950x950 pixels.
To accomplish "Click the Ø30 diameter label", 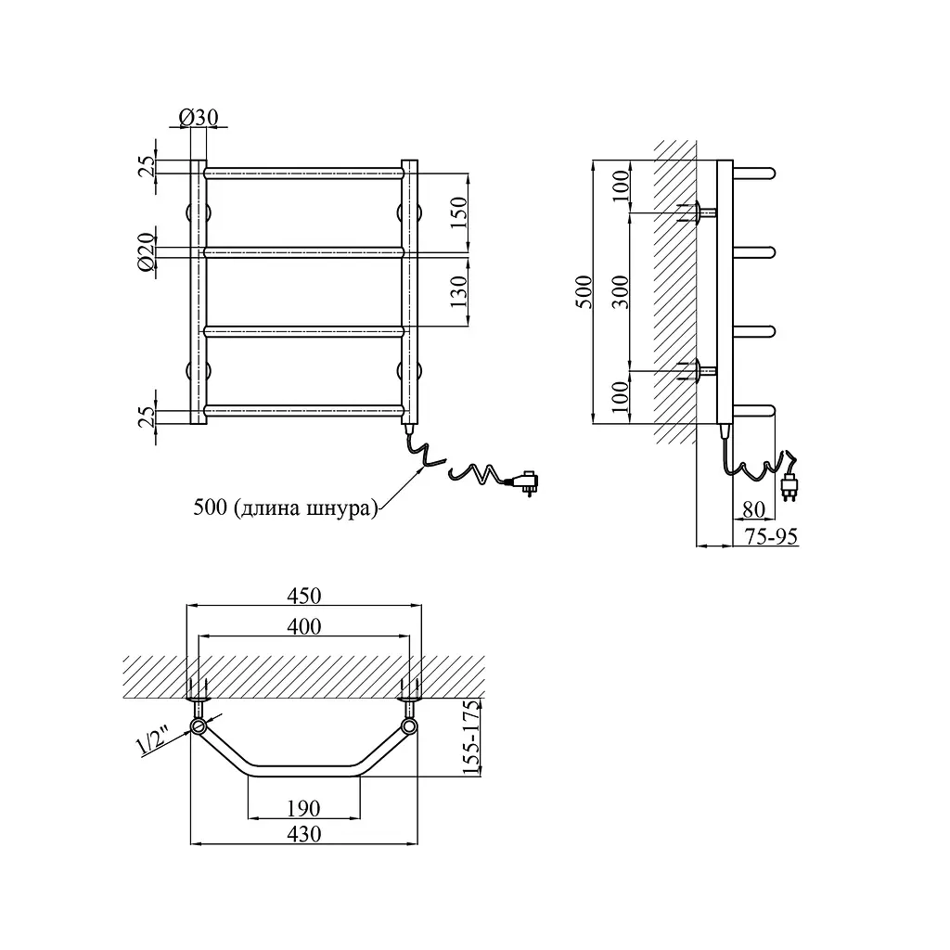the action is (199, 116).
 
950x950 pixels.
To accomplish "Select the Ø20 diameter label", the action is (147, 251).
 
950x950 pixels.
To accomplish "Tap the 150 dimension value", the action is (458, 212).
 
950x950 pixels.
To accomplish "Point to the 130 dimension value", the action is (458, 290).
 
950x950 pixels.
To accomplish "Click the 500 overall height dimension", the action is (584, 291).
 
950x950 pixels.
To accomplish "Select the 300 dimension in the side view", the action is (620, 291).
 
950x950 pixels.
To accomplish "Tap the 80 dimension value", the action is (753, 509).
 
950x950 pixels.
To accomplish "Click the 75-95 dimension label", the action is (771, 536).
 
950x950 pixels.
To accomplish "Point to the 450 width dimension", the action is (303, 596).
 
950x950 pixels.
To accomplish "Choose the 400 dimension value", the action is (303, 626).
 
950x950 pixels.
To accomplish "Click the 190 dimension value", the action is (303, 808).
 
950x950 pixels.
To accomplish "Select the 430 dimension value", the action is (303, 834).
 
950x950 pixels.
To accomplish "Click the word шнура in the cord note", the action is (339, 507).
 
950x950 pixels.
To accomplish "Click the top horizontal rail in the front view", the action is (303, 173).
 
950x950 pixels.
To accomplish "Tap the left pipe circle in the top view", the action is (199, 726).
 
